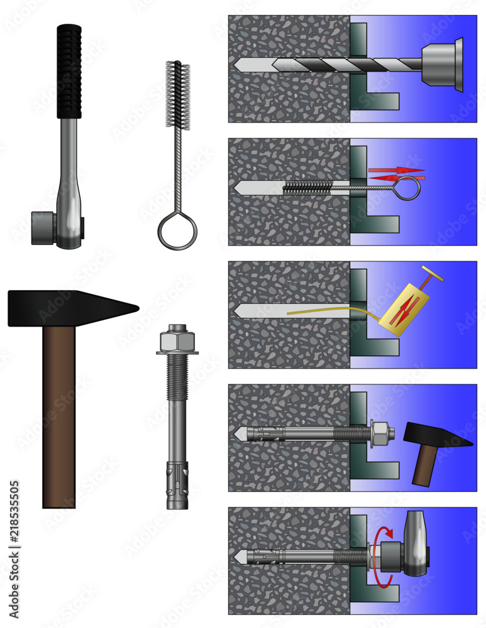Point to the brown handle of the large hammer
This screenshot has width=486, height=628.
coord(59,414)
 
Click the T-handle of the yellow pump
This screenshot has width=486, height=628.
coord(432,273)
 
